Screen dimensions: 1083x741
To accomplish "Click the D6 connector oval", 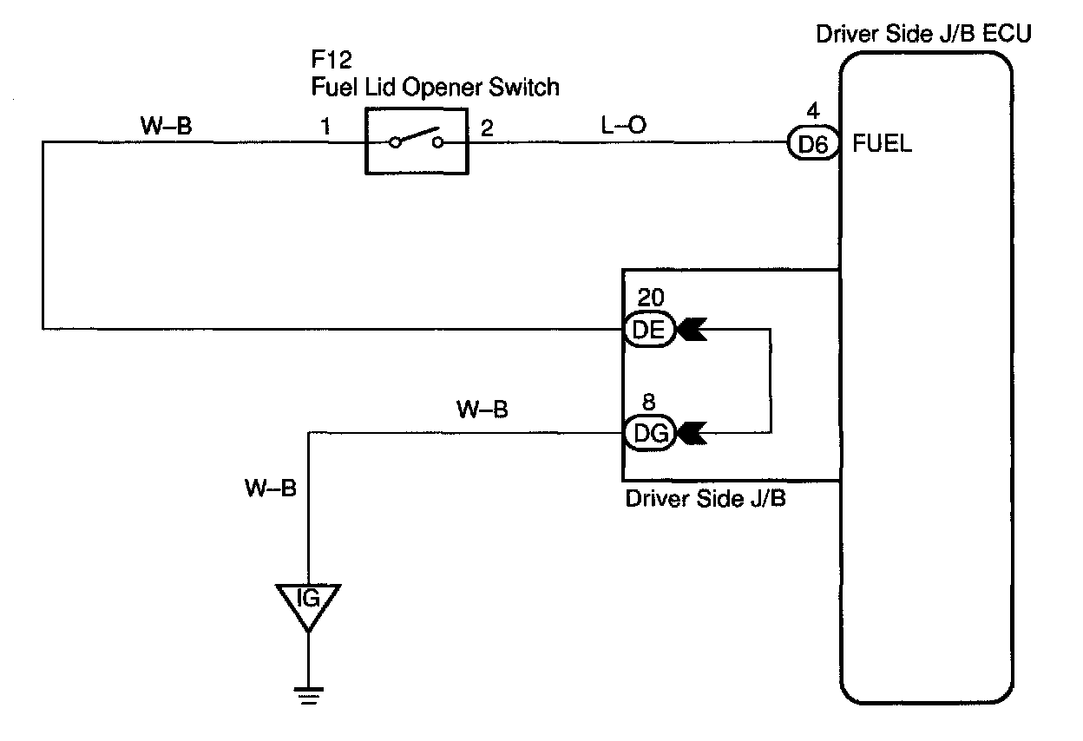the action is point(813,143).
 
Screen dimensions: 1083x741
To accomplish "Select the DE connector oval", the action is point(649,329).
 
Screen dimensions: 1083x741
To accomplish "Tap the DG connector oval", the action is point(649,433).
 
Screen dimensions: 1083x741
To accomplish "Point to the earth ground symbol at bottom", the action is point(308,696).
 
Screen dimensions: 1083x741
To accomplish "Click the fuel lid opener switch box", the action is point(417,141).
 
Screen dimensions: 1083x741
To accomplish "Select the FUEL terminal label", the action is point(882,143).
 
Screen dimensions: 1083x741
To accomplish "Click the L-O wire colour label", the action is point(623,125).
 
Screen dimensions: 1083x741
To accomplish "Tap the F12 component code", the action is point(331,60).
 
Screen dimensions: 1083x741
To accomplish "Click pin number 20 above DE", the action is point(651,298).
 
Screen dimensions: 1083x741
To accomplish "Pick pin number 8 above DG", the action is point(649,402).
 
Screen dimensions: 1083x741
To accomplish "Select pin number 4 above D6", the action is point(813,111).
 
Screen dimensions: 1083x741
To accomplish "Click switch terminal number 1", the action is point(325,126).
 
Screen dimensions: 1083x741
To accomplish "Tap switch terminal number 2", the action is point(487,128).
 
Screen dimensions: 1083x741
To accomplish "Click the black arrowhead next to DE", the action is point(692,329).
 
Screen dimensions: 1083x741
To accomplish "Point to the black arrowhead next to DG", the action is point(692,433).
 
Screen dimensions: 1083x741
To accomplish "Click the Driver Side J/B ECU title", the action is point(923,34).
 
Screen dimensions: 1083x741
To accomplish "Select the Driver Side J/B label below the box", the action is point(706,498).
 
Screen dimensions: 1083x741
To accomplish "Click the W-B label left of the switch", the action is point(166,126).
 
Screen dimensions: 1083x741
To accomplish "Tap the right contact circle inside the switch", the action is point(438,142).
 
